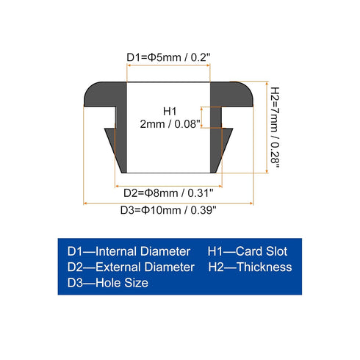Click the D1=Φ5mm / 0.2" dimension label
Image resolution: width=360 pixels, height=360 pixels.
tap(168, 57)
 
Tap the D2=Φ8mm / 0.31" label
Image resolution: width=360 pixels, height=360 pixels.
tap(168, 193)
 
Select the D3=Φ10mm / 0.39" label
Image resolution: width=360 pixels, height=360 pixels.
tap(168, 210)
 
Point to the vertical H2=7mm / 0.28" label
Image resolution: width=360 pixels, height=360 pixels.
tap(275, 127)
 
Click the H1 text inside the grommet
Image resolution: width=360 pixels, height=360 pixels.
tap(170, 112)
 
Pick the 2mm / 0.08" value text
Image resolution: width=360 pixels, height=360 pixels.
tap(170, 124)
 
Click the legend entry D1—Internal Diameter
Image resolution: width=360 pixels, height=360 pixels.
tap(129, 251)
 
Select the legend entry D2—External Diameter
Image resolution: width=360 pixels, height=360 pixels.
tap(131, 267)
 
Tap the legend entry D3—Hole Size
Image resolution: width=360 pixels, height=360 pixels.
tap(108, 283)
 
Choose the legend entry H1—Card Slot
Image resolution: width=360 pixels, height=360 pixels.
tap(248, 251)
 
